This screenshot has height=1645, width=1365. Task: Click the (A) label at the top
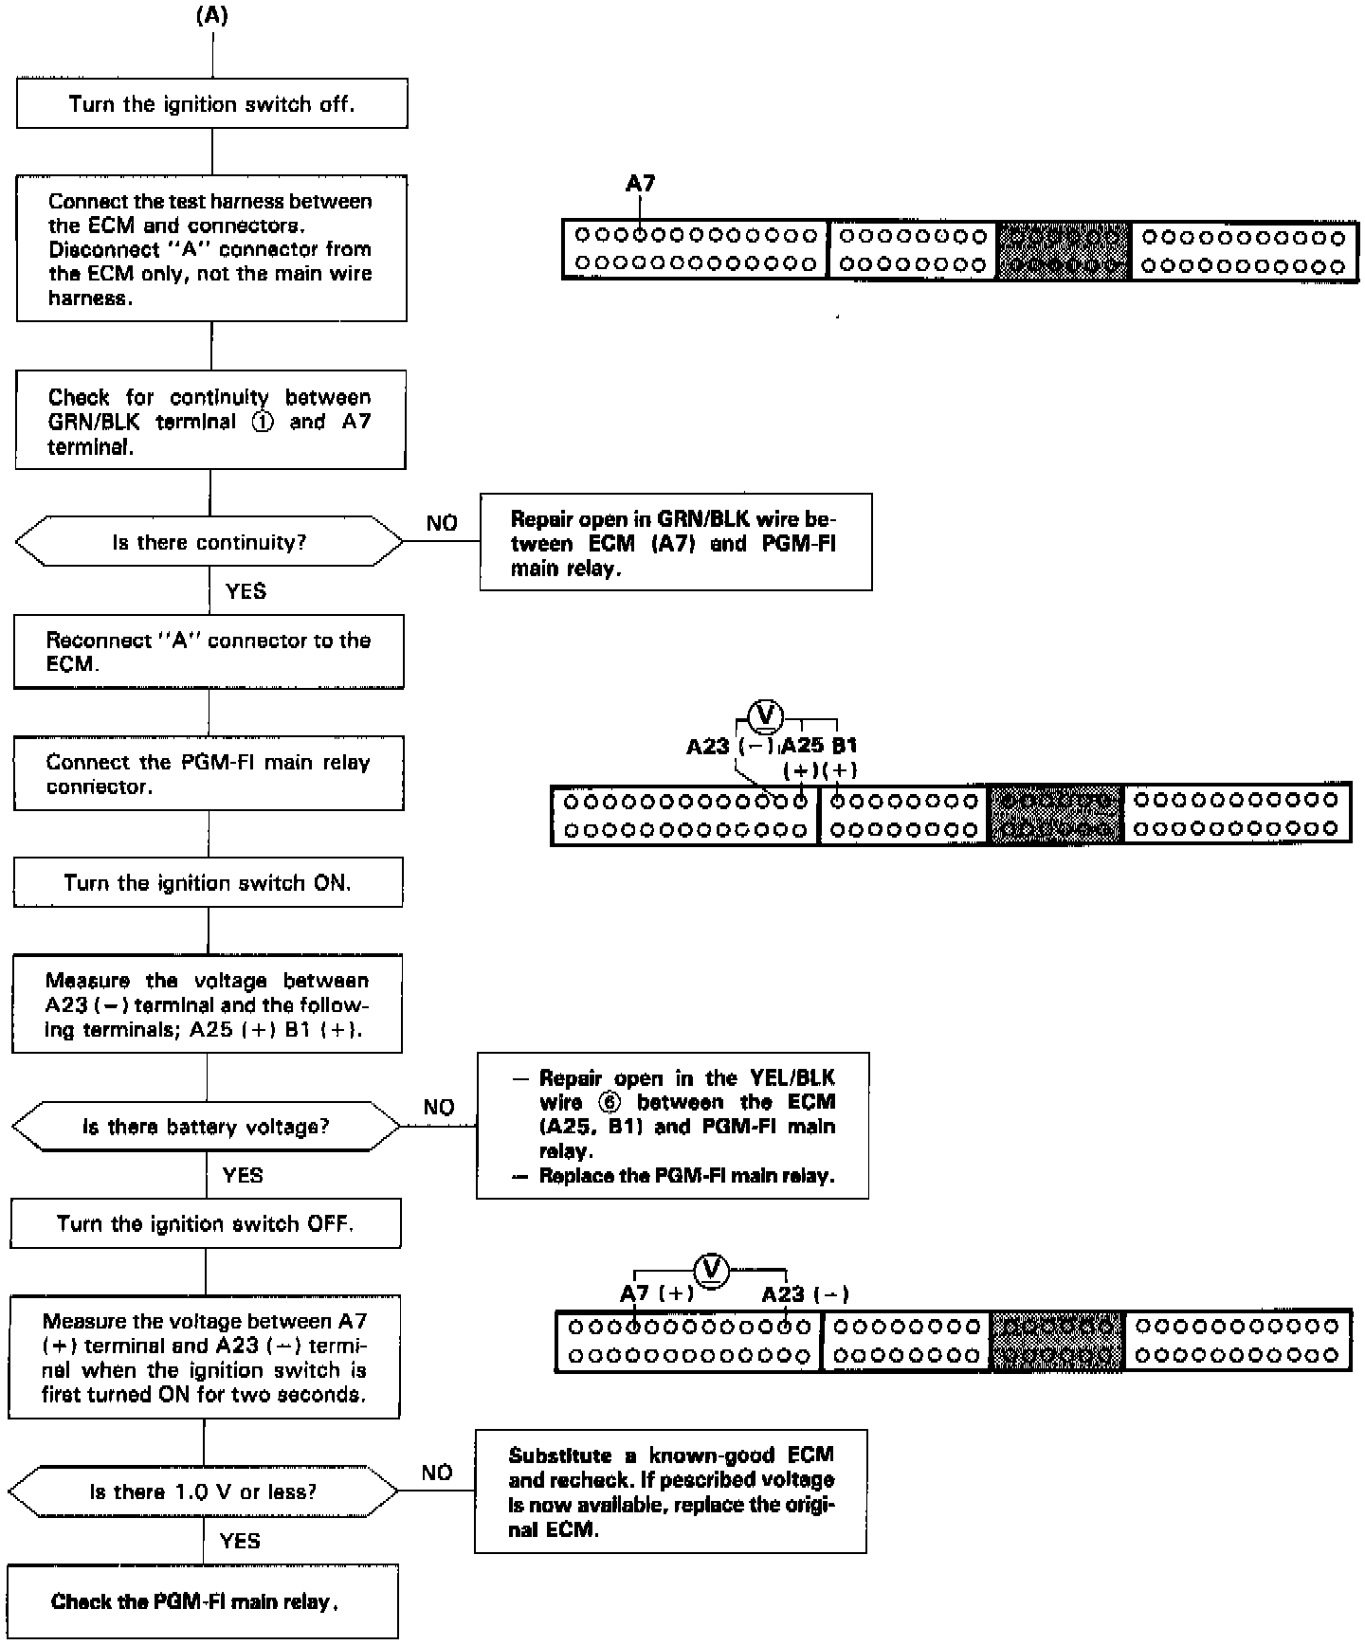pyautogui.click(x=212, y=16)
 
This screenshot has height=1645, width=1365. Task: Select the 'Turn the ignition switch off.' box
pyautogui.click(x=212, y=103)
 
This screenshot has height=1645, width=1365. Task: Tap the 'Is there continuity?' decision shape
pyautogui.click(x=209, y=542)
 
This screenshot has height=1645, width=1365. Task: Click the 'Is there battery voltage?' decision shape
pyautogui.click(x=206, y=1127)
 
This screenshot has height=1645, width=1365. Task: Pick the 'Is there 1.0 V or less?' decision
pyautogui.click(x=203, y=1491)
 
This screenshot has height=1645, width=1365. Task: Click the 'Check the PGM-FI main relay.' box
pyautogui.click(x=203, y=1601)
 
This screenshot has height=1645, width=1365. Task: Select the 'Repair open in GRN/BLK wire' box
pyautogui.click(x=675, y=543)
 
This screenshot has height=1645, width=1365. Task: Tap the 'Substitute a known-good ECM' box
pyautogui.click(x=670, y=1491)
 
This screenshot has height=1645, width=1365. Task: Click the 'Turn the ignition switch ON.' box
pyautogui.click(x=208, y=883)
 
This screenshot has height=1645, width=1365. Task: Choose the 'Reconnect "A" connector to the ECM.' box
pyautogui.click(x=209, y=652)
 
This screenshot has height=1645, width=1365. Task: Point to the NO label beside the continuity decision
pyautogui.click(x=442, y=523)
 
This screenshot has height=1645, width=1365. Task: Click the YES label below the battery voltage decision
pyautogui.click(x=243, y=1175)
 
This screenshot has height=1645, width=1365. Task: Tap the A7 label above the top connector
pyautogui.click(x=640, y=183)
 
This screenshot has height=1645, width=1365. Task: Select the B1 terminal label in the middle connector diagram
pyautogui.click(x=844, y=745)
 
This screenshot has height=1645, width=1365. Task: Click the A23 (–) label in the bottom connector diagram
pyautogui.click(x=805, y=1293)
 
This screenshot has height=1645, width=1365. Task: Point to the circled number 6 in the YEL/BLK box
pyautogui.click(x=610, y=1102)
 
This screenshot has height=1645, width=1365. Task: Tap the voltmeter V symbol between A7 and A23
pyautogui.click(x=711, y=1269)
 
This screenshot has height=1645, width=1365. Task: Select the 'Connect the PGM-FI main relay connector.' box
pyautogui.click(x=209, y=774)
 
